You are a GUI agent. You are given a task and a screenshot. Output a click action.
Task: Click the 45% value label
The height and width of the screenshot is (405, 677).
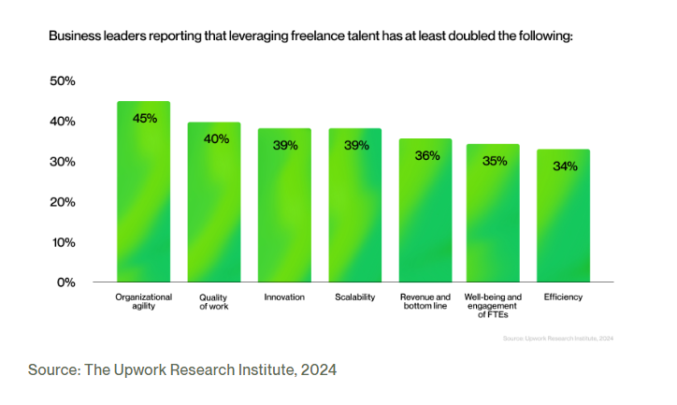(x=145, y=119)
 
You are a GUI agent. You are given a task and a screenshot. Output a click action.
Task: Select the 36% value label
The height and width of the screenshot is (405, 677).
(x=426, y=156)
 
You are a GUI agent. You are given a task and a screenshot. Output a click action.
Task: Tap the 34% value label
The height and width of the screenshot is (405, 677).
(x=565, y=166)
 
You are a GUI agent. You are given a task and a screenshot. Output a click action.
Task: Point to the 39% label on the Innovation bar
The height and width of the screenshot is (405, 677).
(x=285, y=145)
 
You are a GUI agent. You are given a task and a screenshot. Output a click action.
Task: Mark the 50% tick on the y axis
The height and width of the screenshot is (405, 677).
(x=62, y=81)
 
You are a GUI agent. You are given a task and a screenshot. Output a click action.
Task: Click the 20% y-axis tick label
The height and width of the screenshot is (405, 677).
(x=62, y=202)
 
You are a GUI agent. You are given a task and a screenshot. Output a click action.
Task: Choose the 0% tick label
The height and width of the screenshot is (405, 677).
(x=65, y=282)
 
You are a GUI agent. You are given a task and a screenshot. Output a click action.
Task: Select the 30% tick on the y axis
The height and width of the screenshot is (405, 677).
(x=62, y=162)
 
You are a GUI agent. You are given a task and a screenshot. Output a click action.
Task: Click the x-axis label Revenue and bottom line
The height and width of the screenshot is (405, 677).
(x=425, y=301)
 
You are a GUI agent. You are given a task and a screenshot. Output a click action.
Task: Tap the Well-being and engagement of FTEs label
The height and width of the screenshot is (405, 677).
(x=494, y=306)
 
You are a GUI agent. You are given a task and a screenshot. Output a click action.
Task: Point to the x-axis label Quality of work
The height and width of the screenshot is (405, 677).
(x=214, y=301)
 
